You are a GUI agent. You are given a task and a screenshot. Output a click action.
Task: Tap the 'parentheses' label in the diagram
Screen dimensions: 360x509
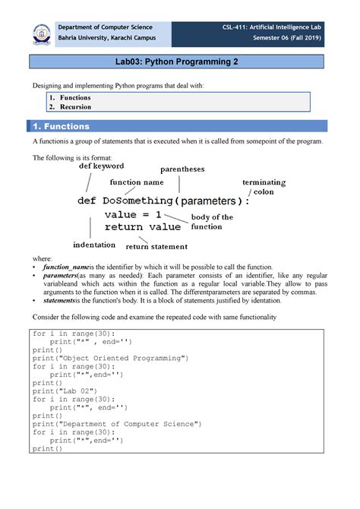182,169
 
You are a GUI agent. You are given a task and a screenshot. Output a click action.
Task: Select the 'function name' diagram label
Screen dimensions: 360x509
136,182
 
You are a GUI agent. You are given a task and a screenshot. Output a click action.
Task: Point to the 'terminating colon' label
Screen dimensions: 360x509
264,187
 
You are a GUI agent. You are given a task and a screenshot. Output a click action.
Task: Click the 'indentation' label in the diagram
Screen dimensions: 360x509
94,245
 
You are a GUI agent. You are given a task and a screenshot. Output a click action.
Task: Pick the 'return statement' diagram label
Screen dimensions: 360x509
157,246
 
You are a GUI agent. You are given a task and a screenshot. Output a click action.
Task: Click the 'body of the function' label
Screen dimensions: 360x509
212,222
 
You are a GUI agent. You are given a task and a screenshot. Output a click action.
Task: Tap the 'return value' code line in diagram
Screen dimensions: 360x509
143,226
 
